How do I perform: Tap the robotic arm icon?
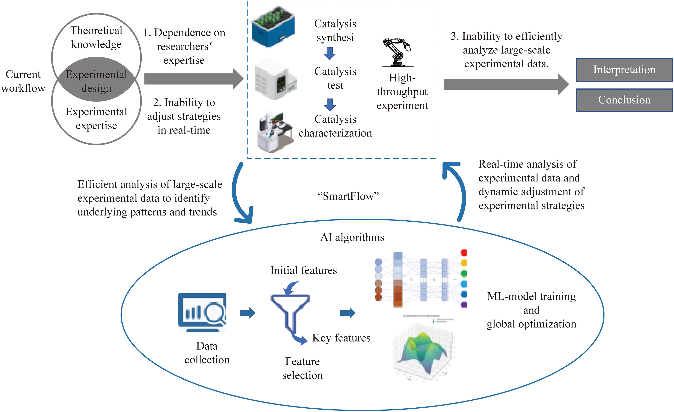[397, 52]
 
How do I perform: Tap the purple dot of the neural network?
[464, 304]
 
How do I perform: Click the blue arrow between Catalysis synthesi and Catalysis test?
[330, 53]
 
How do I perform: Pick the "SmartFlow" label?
[348, 196]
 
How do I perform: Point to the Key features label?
[341, 338]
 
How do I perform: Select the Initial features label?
[304, 270]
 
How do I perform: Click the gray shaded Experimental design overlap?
[96, 81]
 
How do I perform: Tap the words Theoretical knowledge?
[96, 37]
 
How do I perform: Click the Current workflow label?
[23, 81]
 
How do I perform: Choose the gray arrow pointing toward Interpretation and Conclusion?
[506, 84]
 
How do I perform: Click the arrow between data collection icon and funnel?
[247, 313]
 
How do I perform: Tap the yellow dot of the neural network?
[464, 263]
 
